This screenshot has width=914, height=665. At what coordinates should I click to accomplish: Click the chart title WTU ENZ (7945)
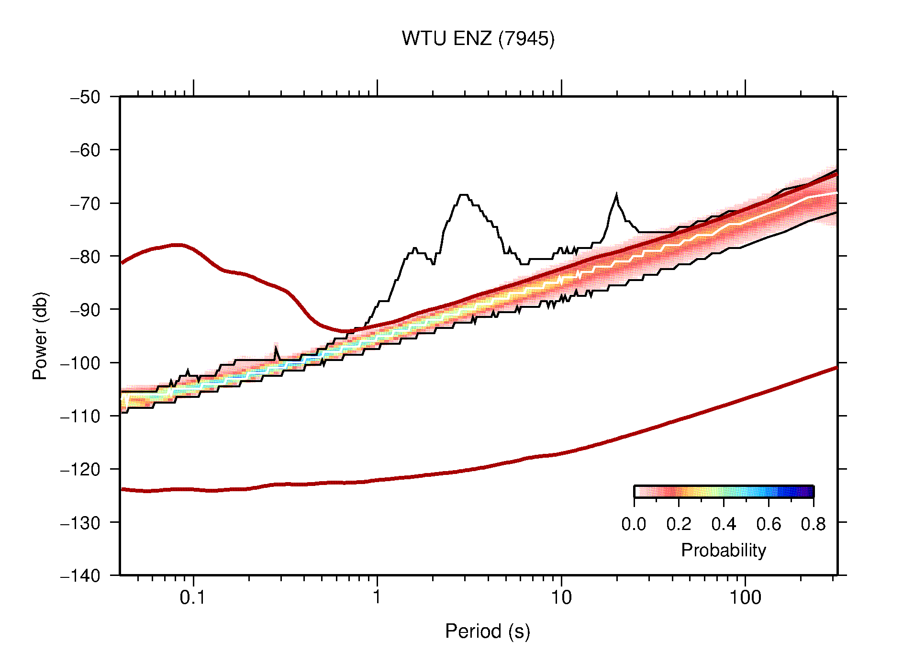478,39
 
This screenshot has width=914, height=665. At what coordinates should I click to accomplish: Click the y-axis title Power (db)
40,336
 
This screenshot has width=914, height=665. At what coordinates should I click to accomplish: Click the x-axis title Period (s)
487,631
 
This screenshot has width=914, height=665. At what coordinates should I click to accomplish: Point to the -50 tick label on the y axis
86,97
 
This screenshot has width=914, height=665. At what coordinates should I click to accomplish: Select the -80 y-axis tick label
86,257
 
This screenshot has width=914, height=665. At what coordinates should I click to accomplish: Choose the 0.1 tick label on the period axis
192,597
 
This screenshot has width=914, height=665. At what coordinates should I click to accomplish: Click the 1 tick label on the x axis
377,597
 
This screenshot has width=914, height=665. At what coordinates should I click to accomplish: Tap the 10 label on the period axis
561,597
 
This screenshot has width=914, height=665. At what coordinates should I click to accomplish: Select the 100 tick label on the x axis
745,597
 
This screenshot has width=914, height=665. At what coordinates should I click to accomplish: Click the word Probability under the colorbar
723,550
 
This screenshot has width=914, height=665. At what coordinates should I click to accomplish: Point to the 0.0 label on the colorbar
634,524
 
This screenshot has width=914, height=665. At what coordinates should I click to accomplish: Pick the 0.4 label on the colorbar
724,524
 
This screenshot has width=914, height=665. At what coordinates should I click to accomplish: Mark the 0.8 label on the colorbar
813,524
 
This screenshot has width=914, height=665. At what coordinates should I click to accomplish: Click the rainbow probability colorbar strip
724,492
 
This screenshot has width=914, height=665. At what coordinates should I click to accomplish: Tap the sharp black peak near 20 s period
616,195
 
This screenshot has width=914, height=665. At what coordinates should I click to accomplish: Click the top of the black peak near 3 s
463,195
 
